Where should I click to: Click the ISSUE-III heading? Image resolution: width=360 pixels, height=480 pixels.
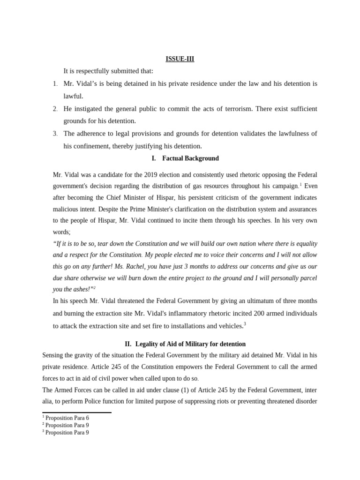tap(180, 59)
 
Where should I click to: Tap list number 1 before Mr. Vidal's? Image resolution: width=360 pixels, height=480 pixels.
tap(55, 84)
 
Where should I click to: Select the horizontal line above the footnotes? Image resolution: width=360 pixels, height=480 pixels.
tap(76, 412)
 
